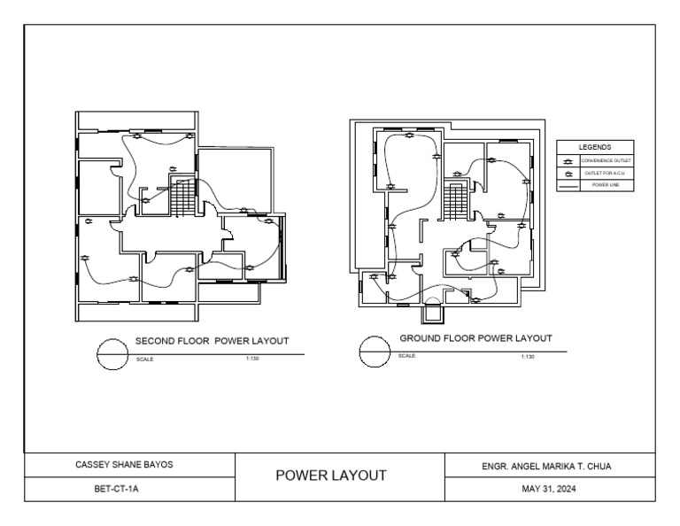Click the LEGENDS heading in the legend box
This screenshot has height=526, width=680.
click(594, 147)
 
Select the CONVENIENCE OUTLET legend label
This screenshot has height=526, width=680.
click(607, 160)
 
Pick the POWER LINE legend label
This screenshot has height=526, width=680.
click(607, 186)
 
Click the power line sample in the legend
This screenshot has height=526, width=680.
click(568, 186)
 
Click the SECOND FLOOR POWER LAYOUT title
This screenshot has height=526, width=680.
click(212, 340)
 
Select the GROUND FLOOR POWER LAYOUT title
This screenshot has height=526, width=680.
click(475, 338)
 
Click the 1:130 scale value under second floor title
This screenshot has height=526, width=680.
click(252, 359)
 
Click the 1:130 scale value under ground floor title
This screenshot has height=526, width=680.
click(528, 356)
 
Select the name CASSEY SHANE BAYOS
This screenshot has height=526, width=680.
click(128, 463)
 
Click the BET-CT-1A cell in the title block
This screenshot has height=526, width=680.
click(128, 488)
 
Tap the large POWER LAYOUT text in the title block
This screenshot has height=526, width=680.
click(331, 476)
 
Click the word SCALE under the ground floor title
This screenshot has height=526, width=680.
click(407, 356)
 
